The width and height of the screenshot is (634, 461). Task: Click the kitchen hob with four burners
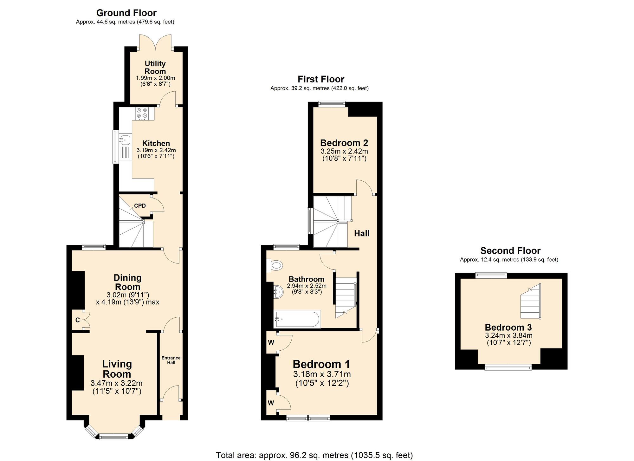142,113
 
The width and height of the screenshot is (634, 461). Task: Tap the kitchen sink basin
125,139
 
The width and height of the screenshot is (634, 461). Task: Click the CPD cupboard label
140,206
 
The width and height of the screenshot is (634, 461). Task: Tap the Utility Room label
155,68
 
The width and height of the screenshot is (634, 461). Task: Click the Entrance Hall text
171,360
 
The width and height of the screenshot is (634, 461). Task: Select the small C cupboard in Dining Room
78,320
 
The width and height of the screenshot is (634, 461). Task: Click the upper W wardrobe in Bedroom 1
271,342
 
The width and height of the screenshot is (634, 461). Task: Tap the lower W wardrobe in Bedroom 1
271,403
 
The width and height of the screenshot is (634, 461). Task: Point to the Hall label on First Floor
362,234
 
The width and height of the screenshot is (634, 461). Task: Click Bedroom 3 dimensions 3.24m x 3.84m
508,335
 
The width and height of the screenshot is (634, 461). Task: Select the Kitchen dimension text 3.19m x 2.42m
156,150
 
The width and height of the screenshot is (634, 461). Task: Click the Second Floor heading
510,251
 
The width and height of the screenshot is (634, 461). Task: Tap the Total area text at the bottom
314,455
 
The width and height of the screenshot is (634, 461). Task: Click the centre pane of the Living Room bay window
114,437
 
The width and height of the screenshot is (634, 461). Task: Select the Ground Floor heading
126,13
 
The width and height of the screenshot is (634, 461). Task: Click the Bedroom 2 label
344,143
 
